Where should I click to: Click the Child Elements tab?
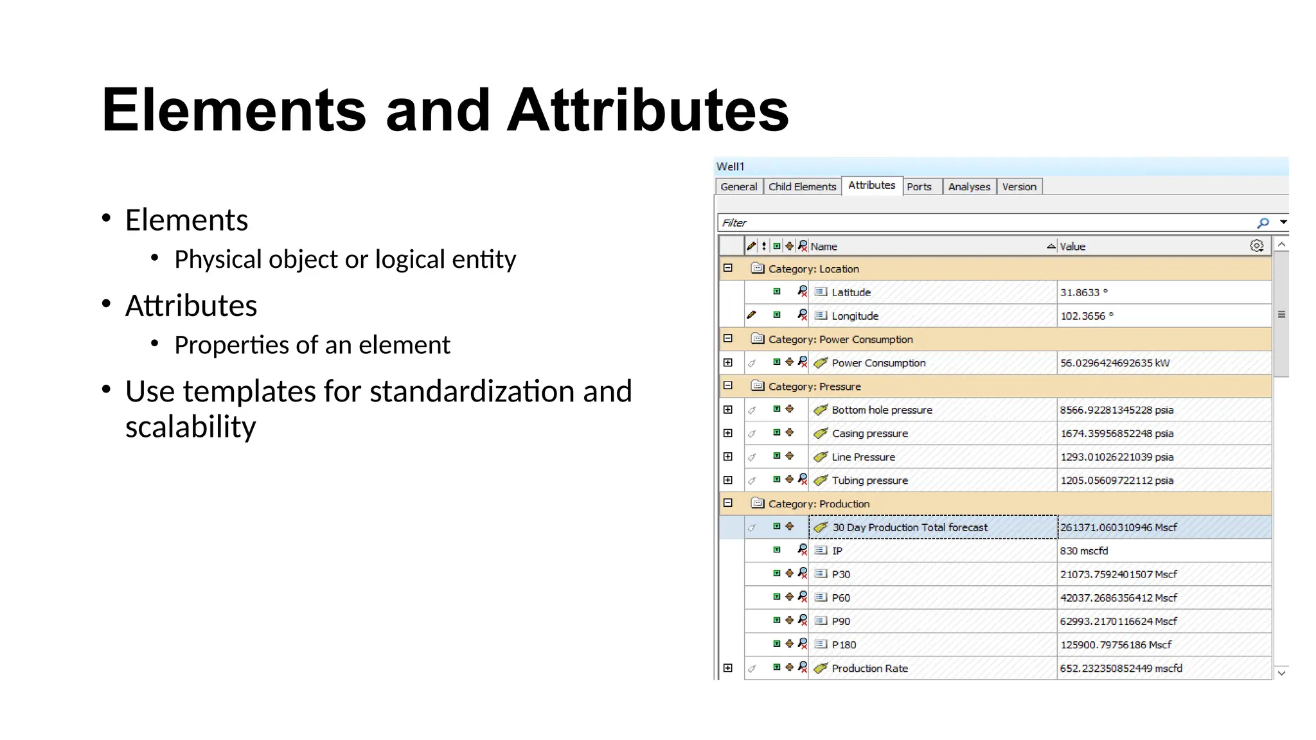click(802, 186)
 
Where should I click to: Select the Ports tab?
click(919, 186)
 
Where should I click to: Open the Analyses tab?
click(969, 186)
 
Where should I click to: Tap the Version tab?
click(1019, 186)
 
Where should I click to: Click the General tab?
click(738, 186)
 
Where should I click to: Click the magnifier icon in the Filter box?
click(1263, 223)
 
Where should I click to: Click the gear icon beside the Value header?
click(1256, 246)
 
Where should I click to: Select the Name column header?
click(824, 247)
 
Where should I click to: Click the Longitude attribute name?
click(855, 316)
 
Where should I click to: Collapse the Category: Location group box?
click(728, 269)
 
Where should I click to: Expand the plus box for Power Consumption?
click(728, 363)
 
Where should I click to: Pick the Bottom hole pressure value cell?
click(1116, 410)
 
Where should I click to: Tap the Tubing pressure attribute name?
click(869, 480)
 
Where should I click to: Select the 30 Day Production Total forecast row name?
click(909, 527)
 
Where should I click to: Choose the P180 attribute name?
click(844, 645)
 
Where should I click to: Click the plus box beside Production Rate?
click(728, 668)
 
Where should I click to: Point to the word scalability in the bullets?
click(190, 427)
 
